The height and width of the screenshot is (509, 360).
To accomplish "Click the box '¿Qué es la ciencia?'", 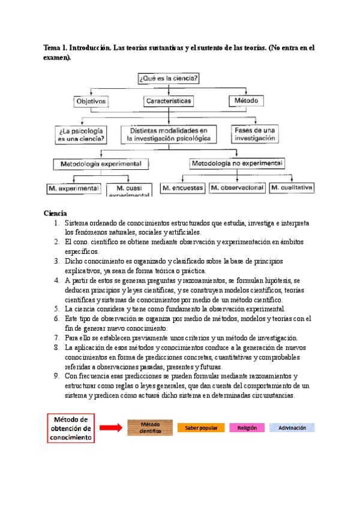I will [x=169, y=78].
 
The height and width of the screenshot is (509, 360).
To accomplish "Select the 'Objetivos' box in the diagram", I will [x=90, y=101].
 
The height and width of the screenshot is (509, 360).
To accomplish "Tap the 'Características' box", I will [x=169, y=101].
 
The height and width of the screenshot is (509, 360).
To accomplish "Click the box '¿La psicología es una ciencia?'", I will [x=81, y=134].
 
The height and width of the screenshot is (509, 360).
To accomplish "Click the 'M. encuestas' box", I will [x=182, y=188].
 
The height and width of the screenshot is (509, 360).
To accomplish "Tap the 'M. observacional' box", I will [x=237, y=188].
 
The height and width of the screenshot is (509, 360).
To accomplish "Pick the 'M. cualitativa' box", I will [x=292, y=188].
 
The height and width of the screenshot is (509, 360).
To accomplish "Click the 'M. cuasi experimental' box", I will [x=128, y=190].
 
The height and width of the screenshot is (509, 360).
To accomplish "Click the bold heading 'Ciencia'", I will [x=55, y=213].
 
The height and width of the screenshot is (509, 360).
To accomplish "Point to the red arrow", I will [x=110, y=428].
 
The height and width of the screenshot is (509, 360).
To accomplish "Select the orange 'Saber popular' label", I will [x=201, y=428].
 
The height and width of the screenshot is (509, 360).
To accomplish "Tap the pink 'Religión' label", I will [x=247, y=428].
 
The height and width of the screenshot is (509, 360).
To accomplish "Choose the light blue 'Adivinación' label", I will [x=292, y=428].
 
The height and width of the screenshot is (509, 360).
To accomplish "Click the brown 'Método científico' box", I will [x=150, y=428].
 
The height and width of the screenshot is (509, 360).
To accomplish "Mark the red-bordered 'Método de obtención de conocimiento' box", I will [x=71, y=428].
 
